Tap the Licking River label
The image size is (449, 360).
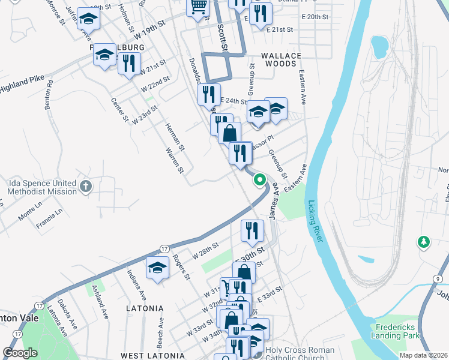pyautogui.click(x=316, y=221)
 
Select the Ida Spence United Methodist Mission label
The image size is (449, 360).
pyautogui.click(x=42, y=187)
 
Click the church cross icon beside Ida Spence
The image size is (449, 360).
pyautogui.click(x=86, y=187)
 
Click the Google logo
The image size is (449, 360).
pyautogui.click(x=20, y=353)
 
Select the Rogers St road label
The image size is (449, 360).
pyautogui.click(x=181, y=268)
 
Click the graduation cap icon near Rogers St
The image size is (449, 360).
pyautogui.click(x=157, y=268)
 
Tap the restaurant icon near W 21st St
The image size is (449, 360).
pyautogui.click(x=129, y=62)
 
